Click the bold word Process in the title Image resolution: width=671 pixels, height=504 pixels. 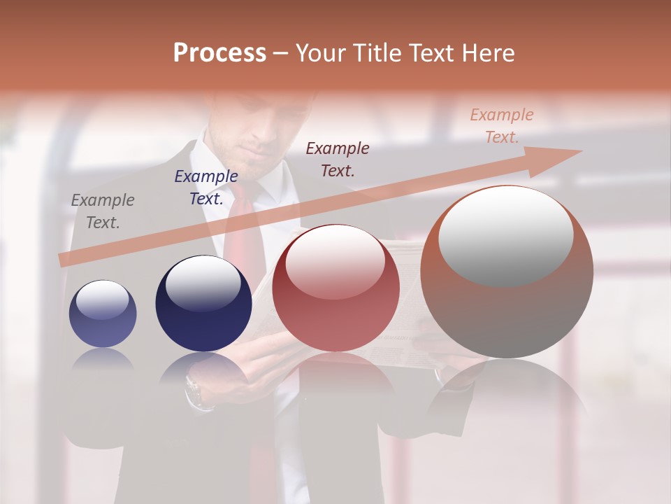coord(219,53)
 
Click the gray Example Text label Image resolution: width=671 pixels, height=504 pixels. coord(102,211)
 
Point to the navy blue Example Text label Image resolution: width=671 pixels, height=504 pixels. coord(206,188)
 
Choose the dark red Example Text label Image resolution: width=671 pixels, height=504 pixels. coord(338,159)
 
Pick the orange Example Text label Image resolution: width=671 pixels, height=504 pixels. coord(501,126)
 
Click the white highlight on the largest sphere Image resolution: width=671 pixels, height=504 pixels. coord(505,234)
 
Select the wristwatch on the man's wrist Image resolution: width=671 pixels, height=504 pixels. coord(196,389)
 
